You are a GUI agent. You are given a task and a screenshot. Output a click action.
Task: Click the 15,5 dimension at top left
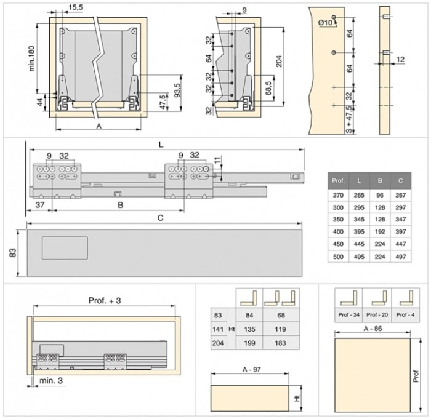tap(75, 7)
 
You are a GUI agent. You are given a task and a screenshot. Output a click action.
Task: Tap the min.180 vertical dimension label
tap(32, 58)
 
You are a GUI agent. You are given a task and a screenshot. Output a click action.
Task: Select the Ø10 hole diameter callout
tap(325, 23)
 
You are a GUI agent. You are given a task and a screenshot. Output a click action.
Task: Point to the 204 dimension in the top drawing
tap(279, 62)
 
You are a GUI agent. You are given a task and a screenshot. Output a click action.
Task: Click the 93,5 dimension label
tap(177, 90)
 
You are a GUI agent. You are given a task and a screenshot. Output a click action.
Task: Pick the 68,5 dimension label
tap(268, 88)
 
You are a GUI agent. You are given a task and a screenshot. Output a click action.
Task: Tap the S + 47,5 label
tap(348, 120)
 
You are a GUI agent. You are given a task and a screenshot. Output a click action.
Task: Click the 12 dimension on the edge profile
tap(400, 59)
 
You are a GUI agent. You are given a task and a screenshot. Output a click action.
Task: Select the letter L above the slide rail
tap(161, 145)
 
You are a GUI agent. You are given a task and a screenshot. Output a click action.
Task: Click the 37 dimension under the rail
tap(40, 205)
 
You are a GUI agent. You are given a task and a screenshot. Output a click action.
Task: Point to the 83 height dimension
tap(13, 253)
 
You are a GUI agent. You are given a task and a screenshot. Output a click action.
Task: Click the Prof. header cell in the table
tap(338, 181)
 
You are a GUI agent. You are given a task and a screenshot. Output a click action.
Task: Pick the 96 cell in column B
tap(380, 195)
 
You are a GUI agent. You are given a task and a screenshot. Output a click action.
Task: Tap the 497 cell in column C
tap(400, 257)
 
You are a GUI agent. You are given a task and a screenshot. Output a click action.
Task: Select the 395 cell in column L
tap(359, 231)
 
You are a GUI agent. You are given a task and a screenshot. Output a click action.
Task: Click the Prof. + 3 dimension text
tap(105, 301)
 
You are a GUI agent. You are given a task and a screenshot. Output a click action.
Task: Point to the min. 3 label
tap(51, 380)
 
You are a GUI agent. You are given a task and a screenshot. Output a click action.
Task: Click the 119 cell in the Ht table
tap(281, 329)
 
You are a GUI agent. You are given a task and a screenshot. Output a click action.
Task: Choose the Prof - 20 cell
tap(377, 315)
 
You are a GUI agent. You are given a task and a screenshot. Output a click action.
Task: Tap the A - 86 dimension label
tap(373, 329)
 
